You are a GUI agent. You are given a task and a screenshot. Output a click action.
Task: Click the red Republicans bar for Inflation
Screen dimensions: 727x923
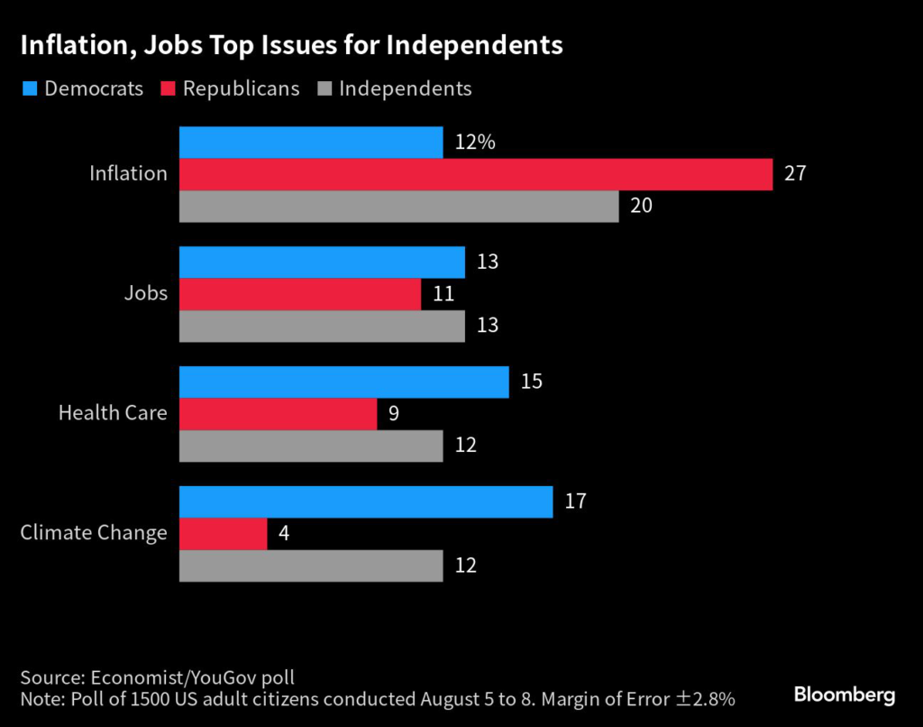click(476, 174)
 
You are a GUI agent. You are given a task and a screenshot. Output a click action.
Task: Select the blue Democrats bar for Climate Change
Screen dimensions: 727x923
click(366, 502)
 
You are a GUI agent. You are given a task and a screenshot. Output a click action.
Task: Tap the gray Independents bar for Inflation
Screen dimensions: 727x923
click(399, 206)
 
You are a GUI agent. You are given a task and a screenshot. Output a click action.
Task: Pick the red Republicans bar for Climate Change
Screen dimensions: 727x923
click(224, 533)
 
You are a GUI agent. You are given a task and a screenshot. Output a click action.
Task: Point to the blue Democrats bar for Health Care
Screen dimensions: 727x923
click(344, 382)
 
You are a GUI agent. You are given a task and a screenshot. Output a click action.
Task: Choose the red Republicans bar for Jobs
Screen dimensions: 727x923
click(300, 294)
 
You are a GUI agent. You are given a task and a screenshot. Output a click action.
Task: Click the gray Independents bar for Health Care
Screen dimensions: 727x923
click(311, 446)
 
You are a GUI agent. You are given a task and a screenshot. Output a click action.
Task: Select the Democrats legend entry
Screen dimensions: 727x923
click(82, 88)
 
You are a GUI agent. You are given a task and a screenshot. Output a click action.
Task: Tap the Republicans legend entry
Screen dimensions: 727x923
click(230, 88)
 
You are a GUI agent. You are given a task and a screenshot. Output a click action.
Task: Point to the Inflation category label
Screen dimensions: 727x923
click(128, 173)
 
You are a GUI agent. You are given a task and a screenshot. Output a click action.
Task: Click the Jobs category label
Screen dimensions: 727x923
click(145, 293)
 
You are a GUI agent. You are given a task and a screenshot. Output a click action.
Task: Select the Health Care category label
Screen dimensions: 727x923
click(113, 413)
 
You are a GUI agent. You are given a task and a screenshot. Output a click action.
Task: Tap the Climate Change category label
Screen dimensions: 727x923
click(94, 533)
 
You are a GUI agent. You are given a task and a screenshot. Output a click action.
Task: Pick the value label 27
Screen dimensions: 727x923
click(794, 174)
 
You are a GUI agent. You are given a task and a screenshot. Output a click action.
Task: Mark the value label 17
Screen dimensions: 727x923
click(575, 502)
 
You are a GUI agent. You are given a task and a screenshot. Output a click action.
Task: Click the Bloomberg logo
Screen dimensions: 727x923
click(845, 695)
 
